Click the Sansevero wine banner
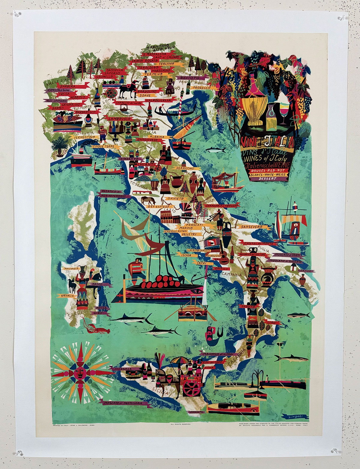[x=251, y=227]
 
